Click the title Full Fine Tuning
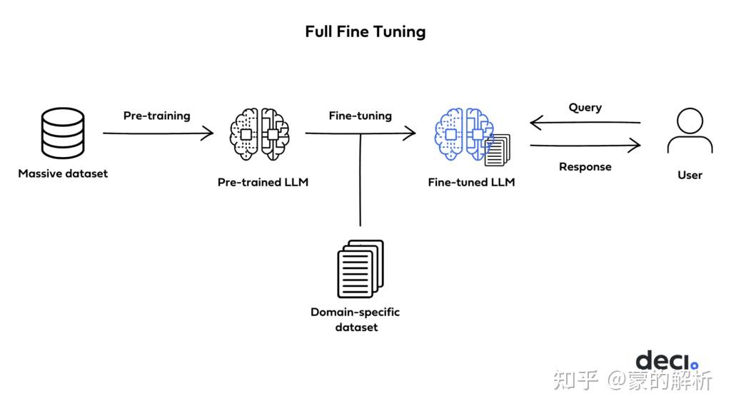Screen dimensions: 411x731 (x=365, y=31)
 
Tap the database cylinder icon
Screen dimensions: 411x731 (x=62, y=133)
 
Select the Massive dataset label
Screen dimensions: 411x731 (x=63, y=173)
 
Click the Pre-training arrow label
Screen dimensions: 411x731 (x=156, y=116)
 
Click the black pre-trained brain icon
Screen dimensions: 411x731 (x=260, y=133)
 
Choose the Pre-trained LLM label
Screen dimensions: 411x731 (x=263, y=182)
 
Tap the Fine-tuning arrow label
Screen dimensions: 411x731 (x=360, y=116)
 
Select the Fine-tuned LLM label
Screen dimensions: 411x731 (x=471, y=182)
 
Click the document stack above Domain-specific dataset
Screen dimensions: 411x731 (x=361, y=269)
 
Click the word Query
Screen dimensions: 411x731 (x=585, y=108)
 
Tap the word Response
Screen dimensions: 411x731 (x=585, y=167)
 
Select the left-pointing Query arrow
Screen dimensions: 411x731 (x=585, y=123)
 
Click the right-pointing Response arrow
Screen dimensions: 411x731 (x=585, y=146)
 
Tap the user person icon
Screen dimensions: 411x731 (x=690, y=133)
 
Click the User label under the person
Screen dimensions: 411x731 (x=690, y=175)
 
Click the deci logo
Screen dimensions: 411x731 (x=667, y=360)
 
